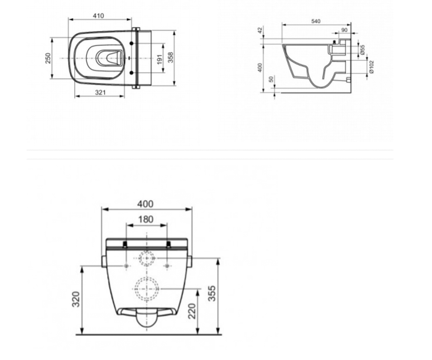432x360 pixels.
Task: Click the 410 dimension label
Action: pyautogui.click(x=98, y=16)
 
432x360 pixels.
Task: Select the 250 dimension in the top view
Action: pyautogui.click(x=48, y=58)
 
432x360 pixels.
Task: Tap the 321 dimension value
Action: pyautogui.click(x=100, y=93)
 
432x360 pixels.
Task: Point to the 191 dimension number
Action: pyautogui.click(x=159, y=60)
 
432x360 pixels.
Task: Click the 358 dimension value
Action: pyautogui.click(x=171, y=58)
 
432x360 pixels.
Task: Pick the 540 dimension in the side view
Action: pyautogui.click(x=316, y=21)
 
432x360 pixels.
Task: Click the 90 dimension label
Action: pyautogui.click(x=344, y=30)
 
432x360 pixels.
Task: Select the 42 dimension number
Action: pyautogui.click(x=260, y=30)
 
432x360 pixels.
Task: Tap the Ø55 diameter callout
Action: pyautogui.click(x=362, y=50)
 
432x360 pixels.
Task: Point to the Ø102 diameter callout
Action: pyautogui.click(x=372, y=67)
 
